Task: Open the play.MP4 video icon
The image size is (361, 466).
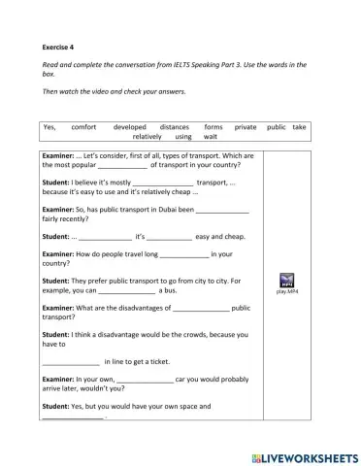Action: tap(286, 279)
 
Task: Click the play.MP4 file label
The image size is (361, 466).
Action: tap(286, 290)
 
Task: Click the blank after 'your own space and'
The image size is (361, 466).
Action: tap(73, 416)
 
